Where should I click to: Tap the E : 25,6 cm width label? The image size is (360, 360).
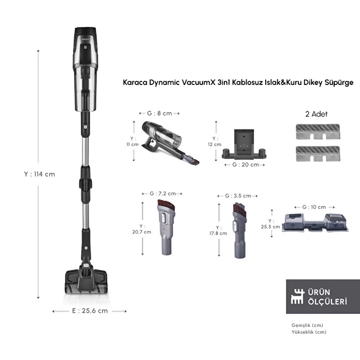[90, 311]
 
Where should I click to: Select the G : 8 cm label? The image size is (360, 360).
[159, 112]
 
